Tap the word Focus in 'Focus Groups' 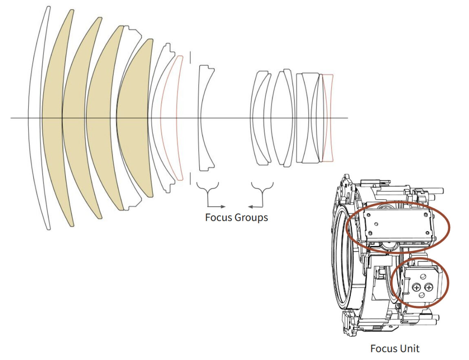click(218, 217)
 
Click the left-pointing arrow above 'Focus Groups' click(255, 206)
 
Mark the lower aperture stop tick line click(190, 178)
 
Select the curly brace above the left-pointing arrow click(262, 189)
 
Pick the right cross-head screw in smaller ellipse click(428, 288)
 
